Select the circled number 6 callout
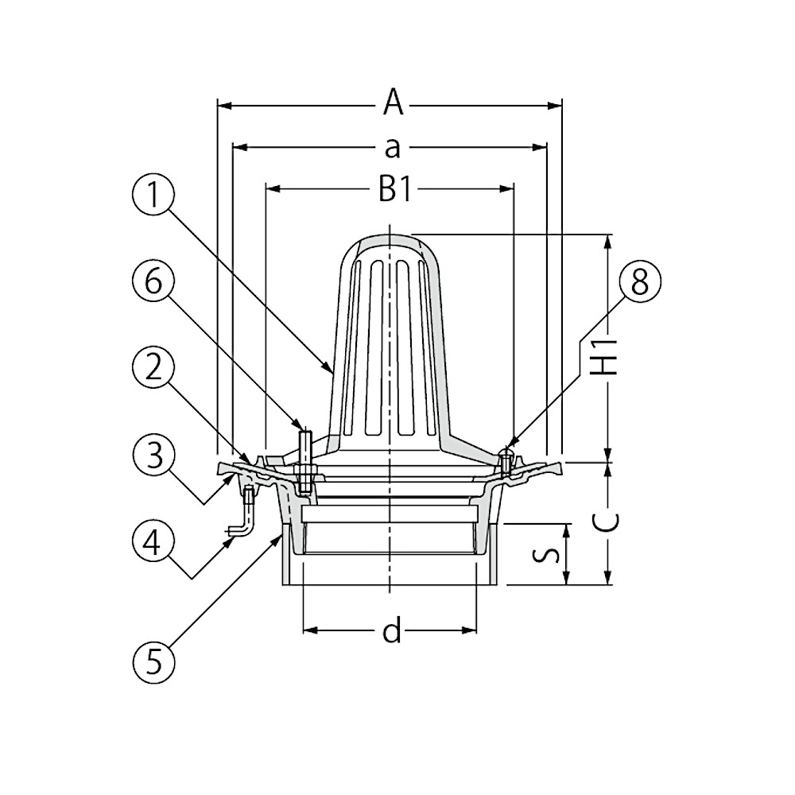pos(153,281)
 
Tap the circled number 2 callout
pos(153,367)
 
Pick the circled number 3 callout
pos(153,454)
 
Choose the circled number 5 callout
pos(153,662)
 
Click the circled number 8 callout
pos(639,281)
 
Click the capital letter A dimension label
pos(393,102)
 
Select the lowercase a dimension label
pos(393,148)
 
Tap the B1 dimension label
pos(395,190)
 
